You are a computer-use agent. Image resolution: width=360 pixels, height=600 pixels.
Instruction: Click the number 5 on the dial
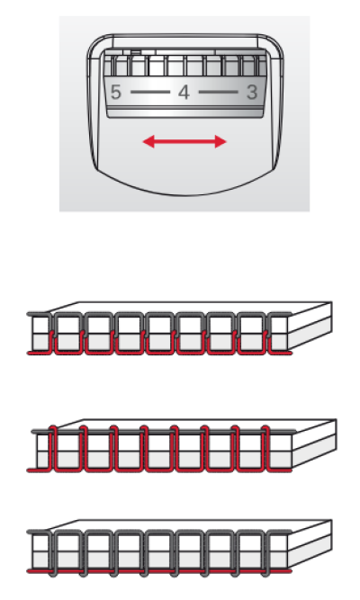pos(116,93)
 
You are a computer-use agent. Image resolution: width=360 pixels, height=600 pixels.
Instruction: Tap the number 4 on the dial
pos(184,93)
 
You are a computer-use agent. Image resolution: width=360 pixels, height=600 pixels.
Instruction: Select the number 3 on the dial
pos(252,93)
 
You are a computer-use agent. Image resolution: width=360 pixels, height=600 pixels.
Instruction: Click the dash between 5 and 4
pos(149,93)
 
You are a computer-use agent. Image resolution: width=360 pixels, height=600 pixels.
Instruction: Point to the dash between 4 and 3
pos(219,93)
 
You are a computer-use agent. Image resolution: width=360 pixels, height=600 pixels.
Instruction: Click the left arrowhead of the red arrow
pos(148,141)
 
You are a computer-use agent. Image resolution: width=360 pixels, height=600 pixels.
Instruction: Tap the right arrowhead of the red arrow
pos(220,141)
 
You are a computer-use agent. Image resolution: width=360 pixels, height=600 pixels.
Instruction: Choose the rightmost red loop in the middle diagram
pos(265,448)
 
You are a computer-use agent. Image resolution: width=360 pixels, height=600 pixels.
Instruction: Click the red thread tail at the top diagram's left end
pos(39,353)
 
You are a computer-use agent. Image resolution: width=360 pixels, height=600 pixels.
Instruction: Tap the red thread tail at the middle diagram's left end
pos(39,470)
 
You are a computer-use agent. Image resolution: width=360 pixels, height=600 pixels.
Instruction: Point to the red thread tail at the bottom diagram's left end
pos(39,571)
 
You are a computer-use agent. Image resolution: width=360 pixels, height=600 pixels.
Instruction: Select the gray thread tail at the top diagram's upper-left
pos(39,314)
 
